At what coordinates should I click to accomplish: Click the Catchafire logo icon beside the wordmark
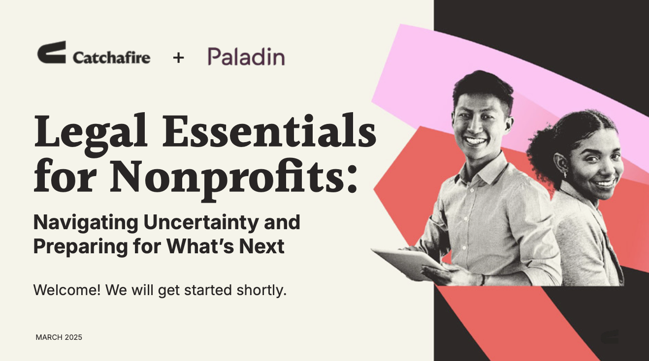click(x=51, y=52)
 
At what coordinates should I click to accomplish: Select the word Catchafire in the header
click(x=111, y=58)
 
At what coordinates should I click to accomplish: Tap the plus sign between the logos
click(x=178, y=58)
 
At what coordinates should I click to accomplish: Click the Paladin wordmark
click(x=246, y=57)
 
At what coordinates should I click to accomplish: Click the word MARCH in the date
click(x=49, y=337)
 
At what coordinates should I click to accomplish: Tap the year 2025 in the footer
click(x=73, y=337)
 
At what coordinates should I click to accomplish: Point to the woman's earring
click(x=564, y=175)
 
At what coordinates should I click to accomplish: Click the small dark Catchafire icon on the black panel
click(x=610, y=337)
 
